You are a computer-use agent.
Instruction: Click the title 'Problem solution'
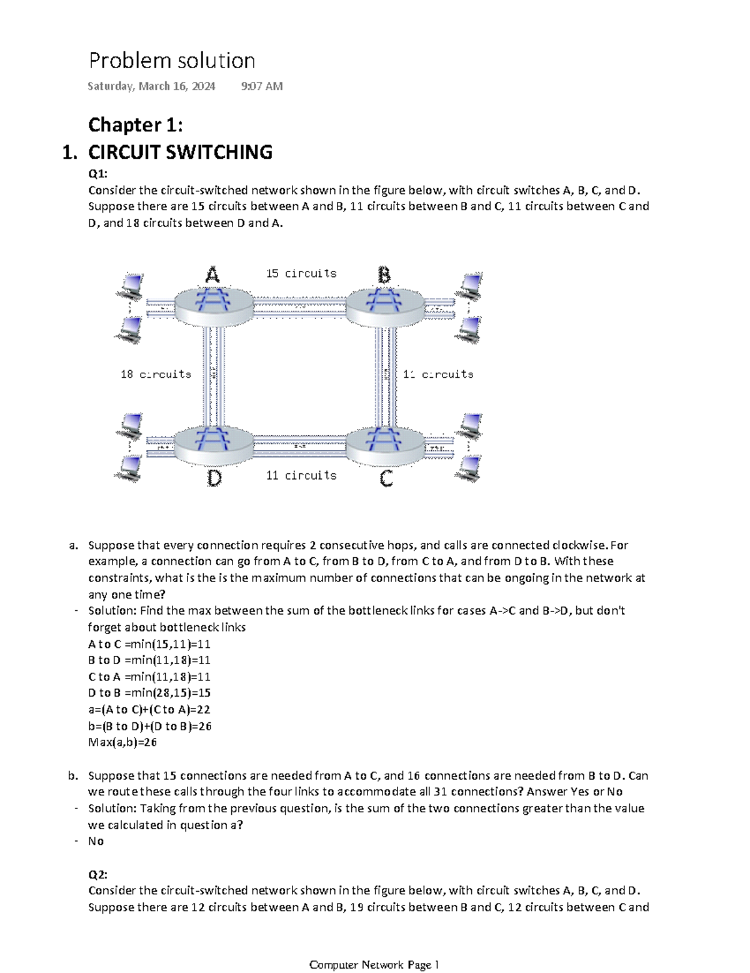click(x=172, y=61)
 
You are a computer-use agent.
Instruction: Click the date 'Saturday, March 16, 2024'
click(x=151, y=86)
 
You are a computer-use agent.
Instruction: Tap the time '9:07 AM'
click(x=261, y=86)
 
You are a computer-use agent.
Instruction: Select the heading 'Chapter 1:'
click(x=136, y=125)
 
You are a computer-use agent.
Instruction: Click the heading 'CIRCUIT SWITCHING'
click(x=180, y=152)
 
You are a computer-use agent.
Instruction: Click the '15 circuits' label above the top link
click(x=301, y=273)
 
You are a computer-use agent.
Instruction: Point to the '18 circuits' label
click(x=156, y=374)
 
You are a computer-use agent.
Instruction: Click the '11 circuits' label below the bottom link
click(x=301, y=475)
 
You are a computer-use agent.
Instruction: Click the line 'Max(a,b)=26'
click(x=122, y=742)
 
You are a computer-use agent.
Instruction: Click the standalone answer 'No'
click(x=96, y=841)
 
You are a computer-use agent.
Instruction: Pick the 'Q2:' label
click(x=98, y=874)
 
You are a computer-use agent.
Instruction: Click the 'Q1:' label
click(x=98, y=174)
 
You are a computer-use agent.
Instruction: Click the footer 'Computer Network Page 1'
click(x=374, y=964)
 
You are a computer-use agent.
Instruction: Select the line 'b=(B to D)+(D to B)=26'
click(x=150, y=726)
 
